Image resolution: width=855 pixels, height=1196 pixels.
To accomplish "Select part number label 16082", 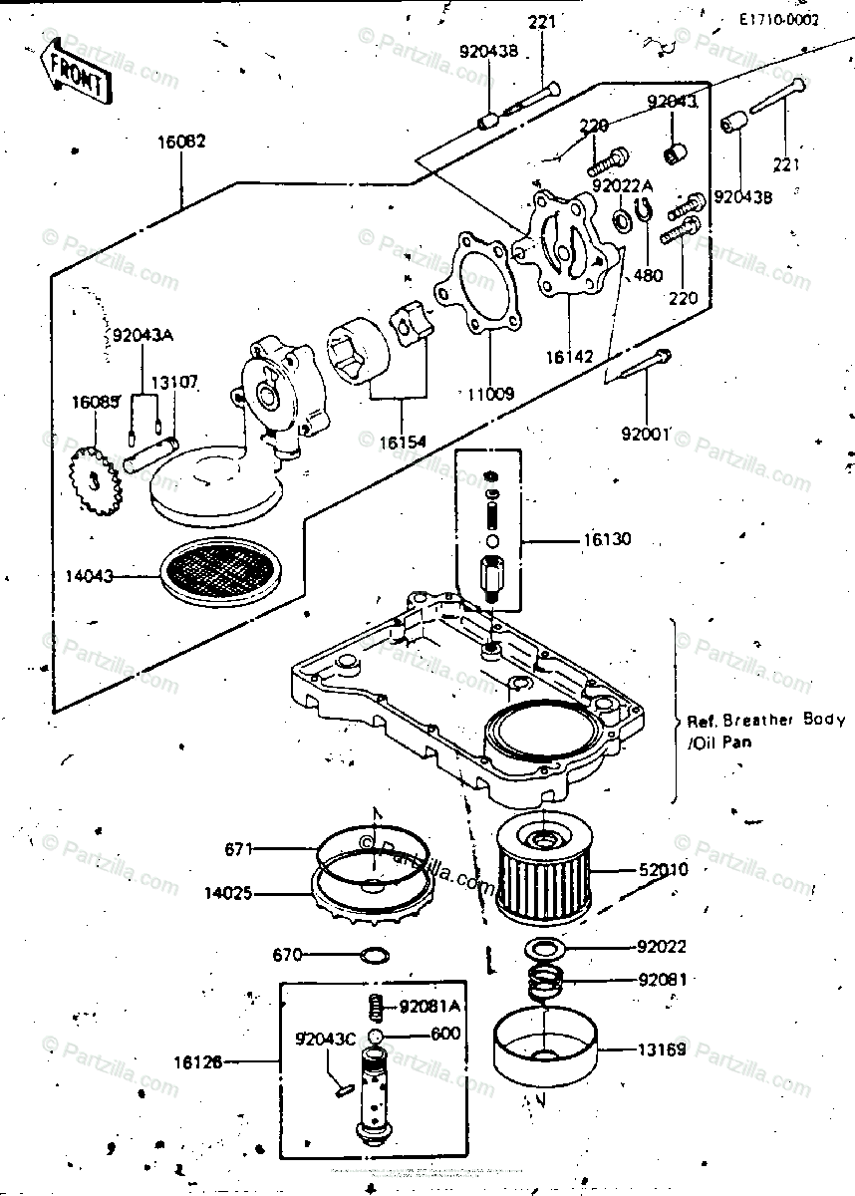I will point(181,142).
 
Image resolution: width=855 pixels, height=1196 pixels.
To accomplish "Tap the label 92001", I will point(646,434).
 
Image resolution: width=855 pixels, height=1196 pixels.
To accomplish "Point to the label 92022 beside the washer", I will point(663,947).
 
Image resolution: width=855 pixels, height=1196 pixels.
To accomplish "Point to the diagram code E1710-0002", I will point(778,19).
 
